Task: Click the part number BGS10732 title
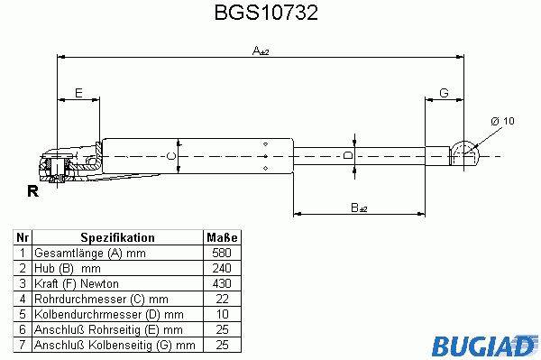[x=266, y=13]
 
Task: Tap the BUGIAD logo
[x=485, y=345]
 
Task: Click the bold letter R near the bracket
[x=32, y=191]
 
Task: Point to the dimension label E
[x=78, y=93]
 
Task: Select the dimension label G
[x=444, y=93]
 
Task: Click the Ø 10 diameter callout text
[x=502, y=121]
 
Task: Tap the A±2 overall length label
[x=261, y=51]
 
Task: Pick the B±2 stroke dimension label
[x=359, y=208]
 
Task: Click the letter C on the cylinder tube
[x=171, y=156]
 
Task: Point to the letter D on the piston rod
[x=349, y=155]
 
